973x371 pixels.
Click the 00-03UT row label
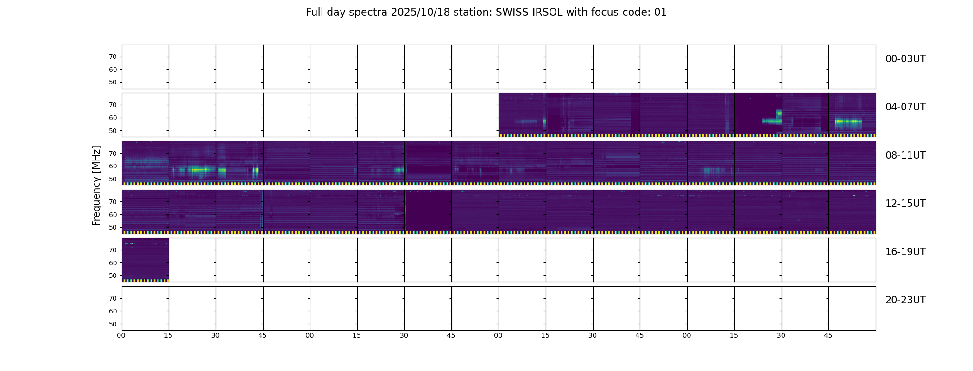tap(905, 59)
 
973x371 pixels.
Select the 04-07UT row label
tap(905, 107)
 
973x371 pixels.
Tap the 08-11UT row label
tap(905, 155)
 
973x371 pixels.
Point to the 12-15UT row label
tap(905, 204)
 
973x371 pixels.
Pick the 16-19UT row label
tap(905, 252)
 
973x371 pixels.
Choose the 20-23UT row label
tap(905, 300)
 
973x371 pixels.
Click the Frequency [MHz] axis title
tap(96, 186)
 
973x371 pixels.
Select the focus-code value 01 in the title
tap(660, 13)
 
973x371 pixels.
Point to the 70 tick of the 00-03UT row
tap(113, 57)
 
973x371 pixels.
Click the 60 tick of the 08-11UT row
tap(113, 166)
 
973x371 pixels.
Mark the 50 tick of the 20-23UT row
tap(113, 324)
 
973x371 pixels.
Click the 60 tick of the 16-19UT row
tap(113, 263)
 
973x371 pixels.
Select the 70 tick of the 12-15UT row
tap(113, 202)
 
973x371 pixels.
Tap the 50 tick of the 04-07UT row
tap(113, 131)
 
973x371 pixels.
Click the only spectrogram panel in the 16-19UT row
tap(145, 260)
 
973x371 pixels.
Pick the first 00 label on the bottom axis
tap(121, 335)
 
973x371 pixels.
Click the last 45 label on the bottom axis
tap(828, 335)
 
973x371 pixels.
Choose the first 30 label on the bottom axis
tap(215, 335)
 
